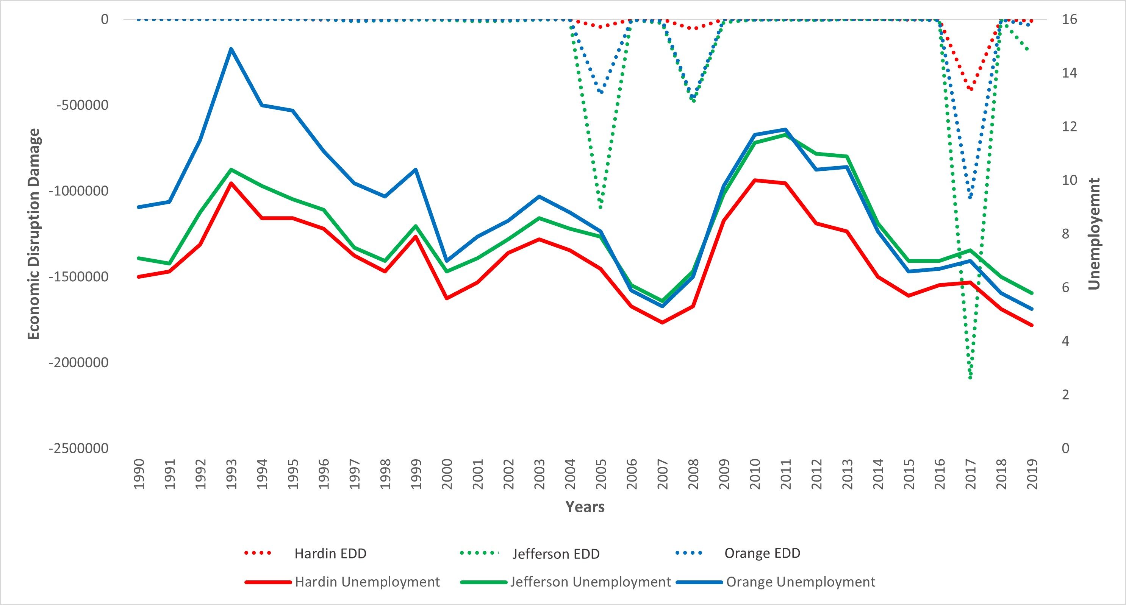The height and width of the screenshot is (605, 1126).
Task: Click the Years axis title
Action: click(x=585, y=507)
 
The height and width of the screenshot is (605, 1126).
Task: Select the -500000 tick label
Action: click(x=83, y=105)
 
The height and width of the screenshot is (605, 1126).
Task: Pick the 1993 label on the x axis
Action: click(x=231, y=474)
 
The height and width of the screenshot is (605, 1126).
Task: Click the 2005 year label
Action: click(x=601, y=474)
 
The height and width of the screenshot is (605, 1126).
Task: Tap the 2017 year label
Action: click(x=970, y=474)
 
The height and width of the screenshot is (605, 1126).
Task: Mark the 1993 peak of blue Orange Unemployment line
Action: click(x=231, y=48)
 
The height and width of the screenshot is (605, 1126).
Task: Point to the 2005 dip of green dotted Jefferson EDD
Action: click(x=601, y=207)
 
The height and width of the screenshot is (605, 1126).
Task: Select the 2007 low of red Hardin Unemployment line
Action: click(x=662, y=322)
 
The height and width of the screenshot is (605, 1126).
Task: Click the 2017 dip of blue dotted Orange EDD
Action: click(x=970, y=198)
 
